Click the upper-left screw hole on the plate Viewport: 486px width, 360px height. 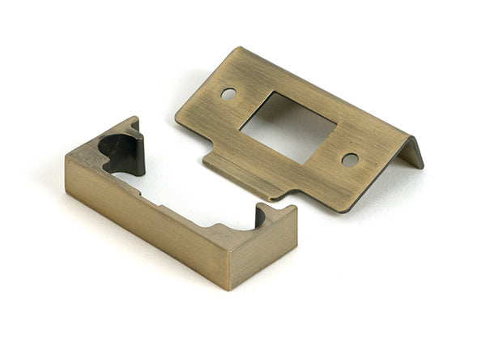(228, 93)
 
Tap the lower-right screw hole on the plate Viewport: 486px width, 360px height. (350, 160)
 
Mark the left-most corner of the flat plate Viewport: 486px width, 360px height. (177, 114)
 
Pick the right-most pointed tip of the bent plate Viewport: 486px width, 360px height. (422, 166)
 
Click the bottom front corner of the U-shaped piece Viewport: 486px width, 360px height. (230, 288)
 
